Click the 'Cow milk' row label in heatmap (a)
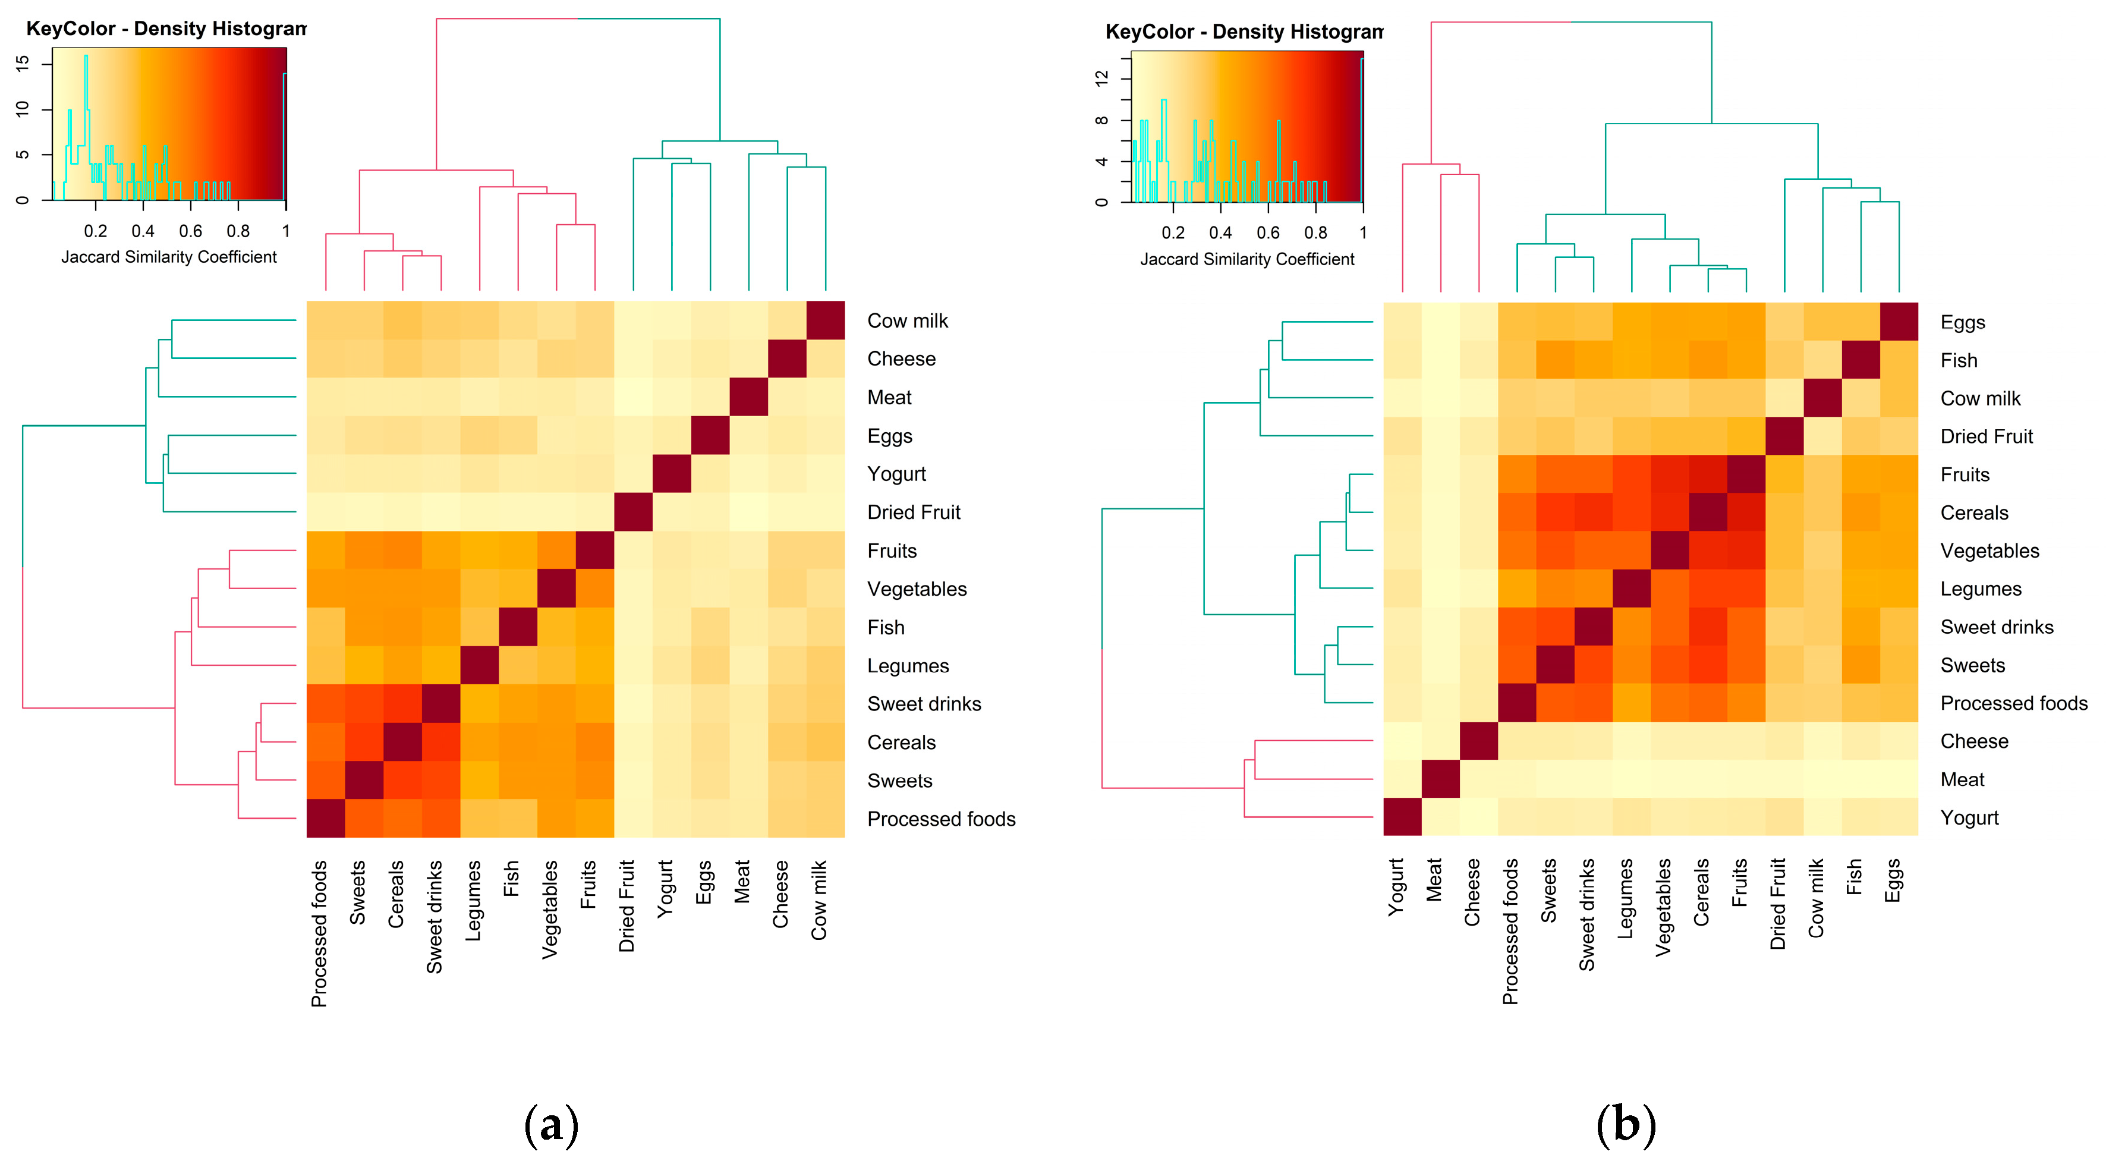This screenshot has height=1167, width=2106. [x=908, y=320]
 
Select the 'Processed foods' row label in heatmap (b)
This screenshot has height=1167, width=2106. [x=2014, y=703]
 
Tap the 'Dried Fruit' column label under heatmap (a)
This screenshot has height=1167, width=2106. [x=627, y=905]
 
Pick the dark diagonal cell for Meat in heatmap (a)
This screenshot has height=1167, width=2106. [x=749, y=397]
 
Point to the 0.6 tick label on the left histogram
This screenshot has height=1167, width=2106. [x=190, y=231]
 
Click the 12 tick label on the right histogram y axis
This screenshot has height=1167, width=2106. [x=1102, y=78]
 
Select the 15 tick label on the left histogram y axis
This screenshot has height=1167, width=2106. [x=22, y=62]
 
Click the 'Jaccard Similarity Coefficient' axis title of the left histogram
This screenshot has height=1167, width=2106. [x=169, y=257]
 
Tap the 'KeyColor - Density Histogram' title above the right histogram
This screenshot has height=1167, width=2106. [x=1244, y=32]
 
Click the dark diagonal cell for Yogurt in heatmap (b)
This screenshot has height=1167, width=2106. [x=1403, y=817]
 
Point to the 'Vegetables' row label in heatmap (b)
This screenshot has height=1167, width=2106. [x=1990, y=551]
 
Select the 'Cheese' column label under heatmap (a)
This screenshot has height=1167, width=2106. [x=780, y=894]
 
